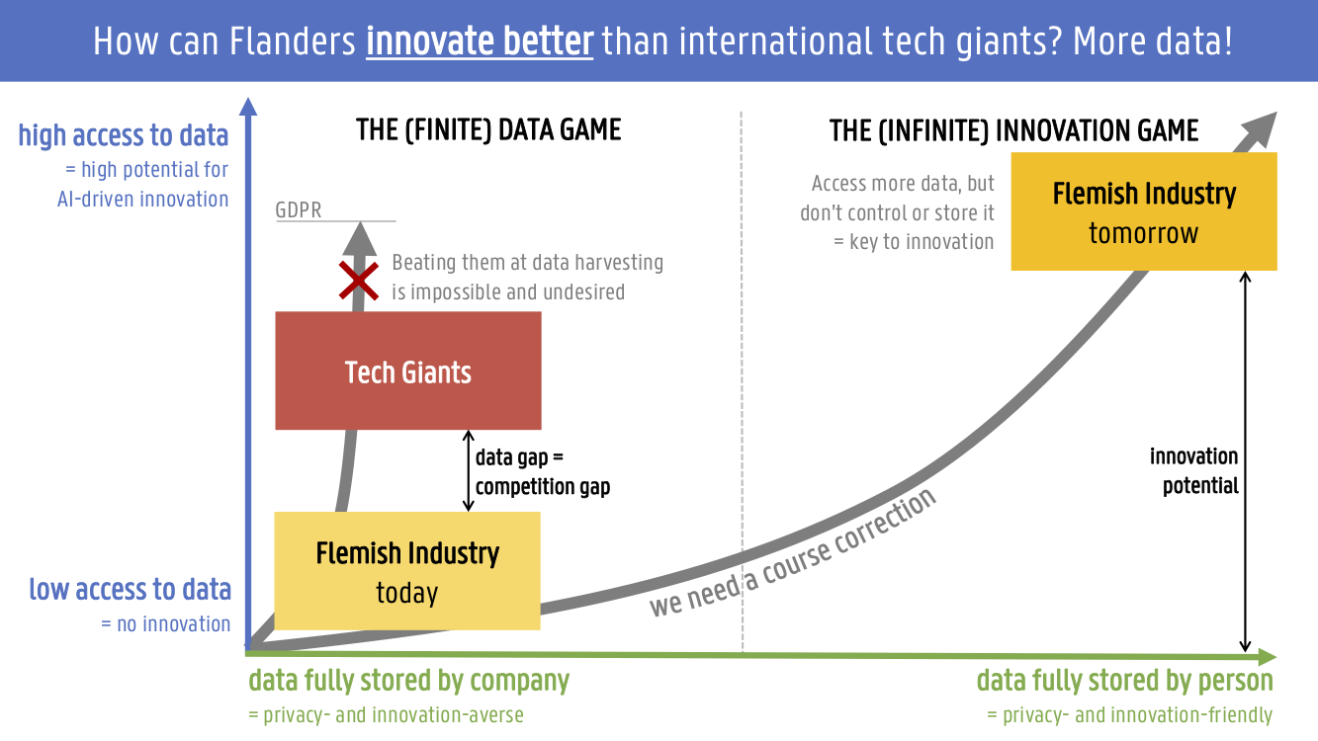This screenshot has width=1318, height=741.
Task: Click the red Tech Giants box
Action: pyautogui.click(x=408, y=370)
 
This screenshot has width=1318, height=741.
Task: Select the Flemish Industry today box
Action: pyautogui.click(x=407, y=571)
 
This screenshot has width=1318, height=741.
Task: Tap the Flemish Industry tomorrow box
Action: pyautogui.click(x=1144, y=211)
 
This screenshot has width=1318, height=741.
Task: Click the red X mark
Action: pyautogui.click(x=358, y=281)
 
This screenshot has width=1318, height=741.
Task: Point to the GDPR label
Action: pyautogui.click(x=299, y=209)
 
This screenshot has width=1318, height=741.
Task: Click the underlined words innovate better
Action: pyautogui.click(x=480, y=41)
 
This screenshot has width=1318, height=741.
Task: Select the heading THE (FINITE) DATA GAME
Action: pyautogui.click(x=488, y=130)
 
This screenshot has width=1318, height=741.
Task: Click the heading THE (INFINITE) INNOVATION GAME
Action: pyautogui.click(x=1013, y=130)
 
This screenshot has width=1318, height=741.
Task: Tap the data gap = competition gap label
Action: pyautogui.click(x=543, y=472)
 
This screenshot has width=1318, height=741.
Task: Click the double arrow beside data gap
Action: pyautogui.click(x=469, y=470)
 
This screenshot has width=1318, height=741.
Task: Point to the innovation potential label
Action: pyautogui.click(x=1194, y=471)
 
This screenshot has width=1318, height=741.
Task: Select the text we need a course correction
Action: pyautogui.click(x=793, y=554)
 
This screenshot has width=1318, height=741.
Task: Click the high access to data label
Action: pyautogui.click(x=123, y=135)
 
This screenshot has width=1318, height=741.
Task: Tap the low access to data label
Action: pyautogui.click(x=131, y=589)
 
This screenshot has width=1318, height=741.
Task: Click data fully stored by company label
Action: pyautogui.click(x=409, y=681)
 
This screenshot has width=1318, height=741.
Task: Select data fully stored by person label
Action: pyautogui.click(x=1125, y=681)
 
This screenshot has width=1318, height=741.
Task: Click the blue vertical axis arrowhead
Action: pyautogui.click(x=248, y=107)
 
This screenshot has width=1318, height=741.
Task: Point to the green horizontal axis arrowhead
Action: pyautogui.click(x=1267, y=657)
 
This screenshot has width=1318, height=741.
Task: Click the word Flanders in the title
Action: pyautogui.click(x=293, y=41)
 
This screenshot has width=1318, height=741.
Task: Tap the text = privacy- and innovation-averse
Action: pyautogui.click(x=386, y=715)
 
